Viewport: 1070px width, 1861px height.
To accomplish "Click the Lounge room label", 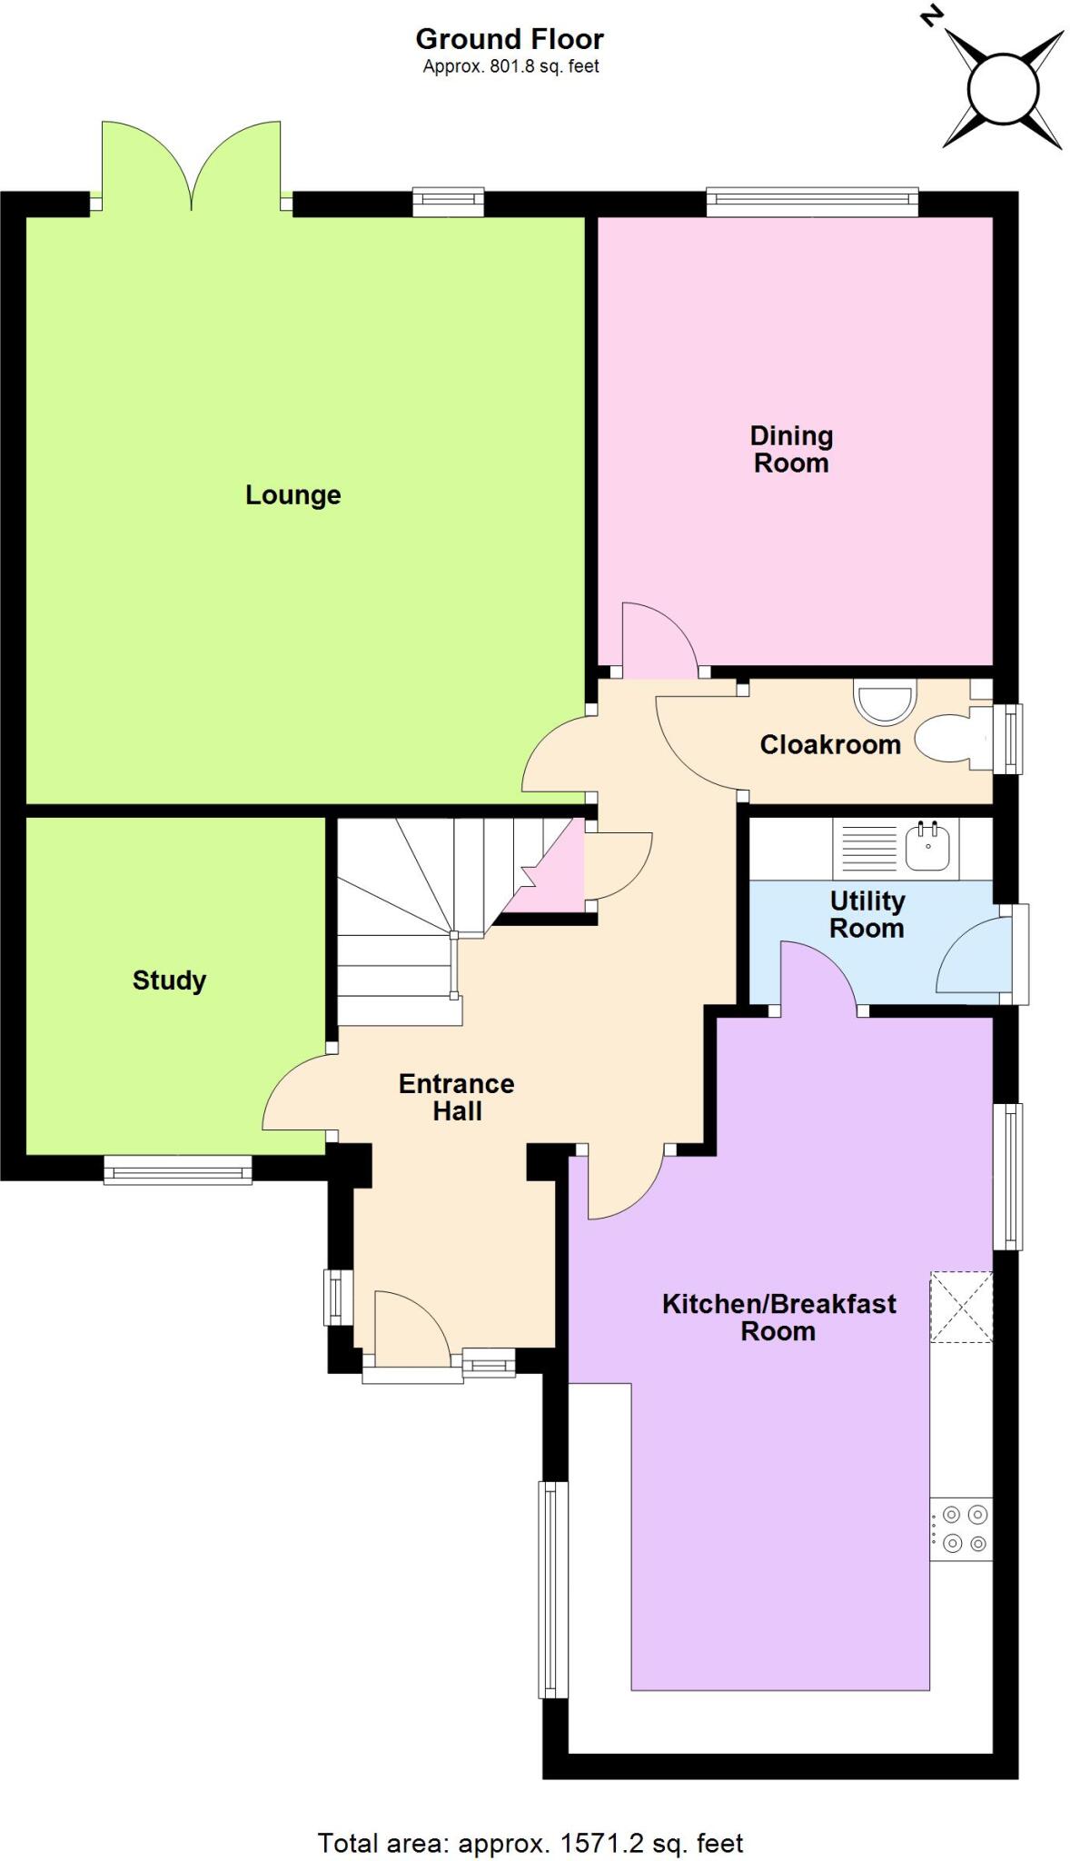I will click(292, 495).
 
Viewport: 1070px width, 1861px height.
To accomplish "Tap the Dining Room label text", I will click(790, 450).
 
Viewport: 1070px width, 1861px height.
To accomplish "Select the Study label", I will click(169, 980).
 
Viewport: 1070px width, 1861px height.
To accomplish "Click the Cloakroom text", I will click(829, 745).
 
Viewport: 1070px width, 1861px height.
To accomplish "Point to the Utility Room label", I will click(867, 915).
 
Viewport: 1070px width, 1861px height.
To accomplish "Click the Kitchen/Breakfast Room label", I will click(778, 1318).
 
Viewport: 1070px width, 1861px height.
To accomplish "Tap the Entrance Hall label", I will click(456, 1097).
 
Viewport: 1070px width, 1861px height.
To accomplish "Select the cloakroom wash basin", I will click(882, 702).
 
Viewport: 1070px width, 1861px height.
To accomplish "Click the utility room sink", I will click(927, 847).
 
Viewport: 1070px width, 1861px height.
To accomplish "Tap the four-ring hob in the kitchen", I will click(963, 1528).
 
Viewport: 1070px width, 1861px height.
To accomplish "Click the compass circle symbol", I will click(1002, 89).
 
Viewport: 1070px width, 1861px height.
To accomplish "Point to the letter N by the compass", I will click(929, 15).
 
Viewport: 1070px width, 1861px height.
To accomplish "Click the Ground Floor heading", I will click(510, 39).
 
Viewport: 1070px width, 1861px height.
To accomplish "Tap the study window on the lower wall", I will click(177, 1170).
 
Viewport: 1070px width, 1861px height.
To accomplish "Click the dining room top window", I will click(812, 203).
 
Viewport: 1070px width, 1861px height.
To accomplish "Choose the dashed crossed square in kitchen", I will click(961, 1307).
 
